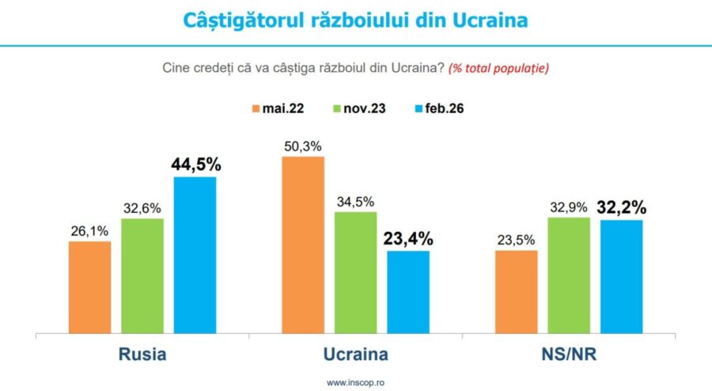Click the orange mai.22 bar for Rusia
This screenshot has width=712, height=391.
pyautogui.click(x=89, y=287)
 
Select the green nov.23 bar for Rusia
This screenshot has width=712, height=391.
pyautogui.click(x=142, y=275)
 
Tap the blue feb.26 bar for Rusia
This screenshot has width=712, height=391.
pyautogui.click(x=195, y=255)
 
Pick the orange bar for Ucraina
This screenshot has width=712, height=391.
pyautogui.click(x=303, y=245)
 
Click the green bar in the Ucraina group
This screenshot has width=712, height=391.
pyautogui.click(x=355, y=272)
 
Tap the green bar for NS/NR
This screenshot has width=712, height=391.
pyautogui.click(x=568, y=275)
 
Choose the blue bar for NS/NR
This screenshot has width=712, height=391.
pyautogui.click(x=621, y=276)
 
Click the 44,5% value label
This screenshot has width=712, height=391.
pyautogui.click(x=195, y=165)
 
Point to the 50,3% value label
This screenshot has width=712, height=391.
pyautogui.click(x=303, y=146)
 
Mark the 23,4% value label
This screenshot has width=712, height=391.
pyautogui.click(x=408, y=239)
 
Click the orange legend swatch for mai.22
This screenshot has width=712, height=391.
pyautogui.click(x=256, y=108)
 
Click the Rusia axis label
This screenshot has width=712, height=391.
pyautogui.click(x=142, y=354)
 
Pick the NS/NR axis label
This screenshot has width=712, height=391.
pyautogui.click(x=568, y=354)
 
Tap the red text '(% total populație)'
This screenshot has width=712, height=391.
pyautogui.click(x=498, y=68)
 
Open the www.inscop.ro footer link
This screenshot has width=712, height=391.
pyautogui.click(x=355, y=383)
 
